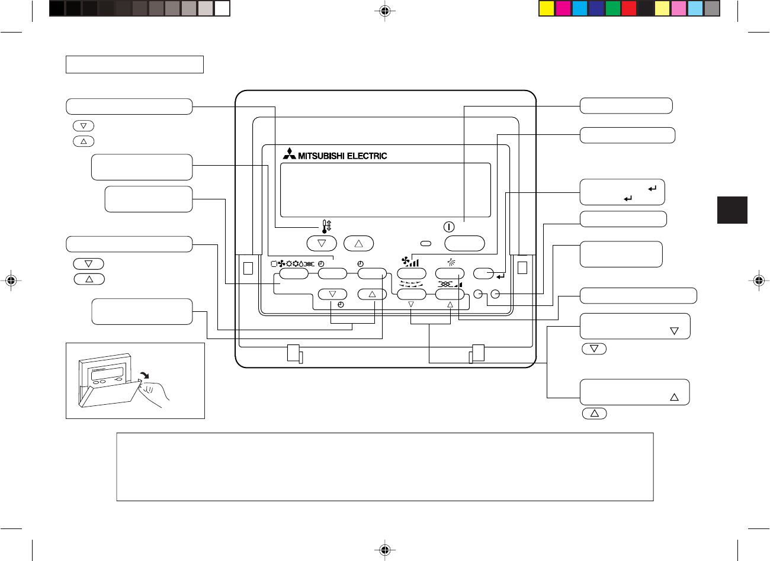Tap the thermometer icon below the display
[326, 226]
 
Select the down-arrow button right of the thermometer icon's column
[322, 243]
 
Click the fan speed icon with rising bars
[410, 262]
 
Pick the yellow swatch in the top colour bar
[547, 8]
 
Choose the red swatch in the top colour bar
[629, 8]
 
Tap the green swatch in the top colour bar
[613, 8]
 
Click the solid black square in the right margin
[732, 210]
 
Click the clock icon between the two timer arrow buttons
[341, 304]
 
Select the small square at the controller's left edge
[248, 267]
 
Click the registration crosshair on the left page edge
[10, 280]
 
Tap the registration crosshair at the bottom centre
[385, 550]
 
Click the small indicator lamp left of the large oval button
[425, 243]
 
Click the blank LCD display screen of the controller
[385, 190]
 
